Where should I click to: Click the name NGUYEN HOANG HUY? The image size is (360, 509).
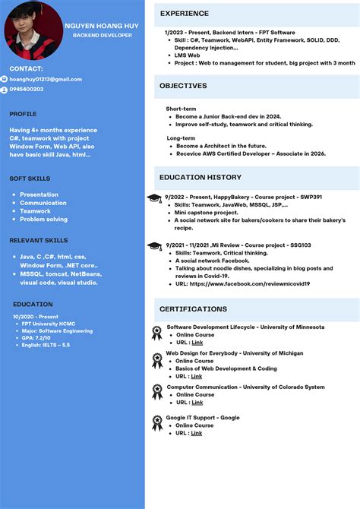pyautogui.click(x=102, y=25)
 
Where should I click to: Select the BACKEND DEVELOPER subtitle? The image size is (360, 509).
pyautogui.click(x=103, y=35)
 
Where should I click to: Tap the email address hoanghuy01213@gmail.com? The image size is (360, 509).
pyautogui.click(x=46, y=79)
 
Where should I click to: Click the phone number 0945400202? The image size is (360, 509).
pyautogui.click(x=27, y=90)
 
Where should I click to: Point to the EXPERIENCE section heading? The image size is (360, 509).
pyautogui.click(x=184, y=14)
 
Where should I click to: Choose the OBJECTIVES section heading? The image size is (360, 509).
pyautogui.click(x=183, y=86)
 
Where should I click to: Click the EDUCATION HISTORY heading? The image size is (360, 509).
pyautogui.click(x=200, y=177)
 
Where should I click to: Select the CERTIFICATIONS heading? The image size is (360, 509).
pyautogui.click(x=193, y=309)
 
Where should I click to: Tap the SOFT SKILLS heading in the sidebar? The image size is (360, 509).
pyautogui.click(x=30, y=179)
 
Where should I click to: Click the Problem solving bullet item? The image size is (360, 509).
pyautogui.click(x=43, y=219)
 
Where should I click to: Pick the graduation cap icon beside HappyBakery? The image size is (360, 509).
pyautogui.click(x=154, y=198)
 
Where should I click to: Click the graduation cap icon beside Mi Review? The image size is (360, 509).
pyautogui.click(x=154, y=245)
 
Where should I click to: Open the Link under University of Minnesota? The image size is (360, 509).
pyautogui.click(x=197, y=343)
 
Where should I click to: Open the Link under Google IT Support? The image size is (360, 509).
pyautogui.click(x=197, y=433)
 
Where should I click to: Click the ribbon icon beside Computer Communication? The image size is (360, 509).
pyautogui.click(x=157, y=391)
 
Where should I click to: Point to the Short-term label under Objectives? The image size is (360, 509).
pyautogui.click(x=181, y=109)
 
